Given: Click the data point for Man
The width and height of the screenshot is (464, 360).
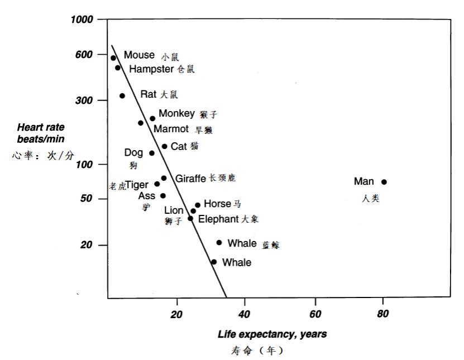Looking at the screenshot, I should click(x=384, y=182).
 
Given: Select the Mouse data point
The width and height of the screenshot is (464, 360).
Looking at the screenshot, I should click(x=113, y=58).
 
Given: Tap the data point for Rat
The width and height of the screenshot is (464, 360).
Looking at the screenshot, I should click(x=122, y=96).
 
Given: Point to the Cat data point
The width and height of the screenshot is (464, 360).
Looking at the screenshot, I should click(x=164, y=146).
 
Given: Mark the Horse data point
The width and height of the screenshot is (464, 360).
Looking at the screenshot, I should click(x=197, y=205).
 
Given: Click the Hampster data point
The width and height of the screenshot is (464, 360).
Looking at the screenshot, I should click(x=118, y=68).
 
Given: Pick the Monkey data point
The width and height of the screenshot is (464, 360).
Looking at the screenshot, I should click(x=152, y=118).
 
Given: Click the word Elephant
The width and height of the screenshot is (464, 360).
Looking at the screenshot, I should click(x=218, y=219).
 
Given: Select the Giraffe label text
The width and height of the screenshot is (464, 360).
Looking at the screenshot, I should click(x=191, y=179).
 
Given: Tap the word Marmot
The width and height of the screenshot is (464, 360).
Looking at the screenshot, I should click(x=171, y=129).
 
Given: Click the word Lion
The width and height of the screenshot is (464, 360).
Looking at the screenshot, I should click(x=174, y=210).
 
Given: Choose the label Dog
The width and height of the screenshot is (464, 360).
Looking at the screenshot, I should click(x=133, y=152).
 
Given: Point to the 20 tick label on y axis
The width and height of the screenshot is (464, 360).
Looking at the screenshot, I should click(x=86, y=246).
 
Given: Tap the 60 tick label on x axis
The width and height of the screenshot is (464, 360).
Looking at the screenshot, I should click(x=315, y=315).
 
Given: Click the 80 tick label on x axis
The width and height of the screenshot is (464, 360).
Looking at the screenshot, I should click(x=383, y=315).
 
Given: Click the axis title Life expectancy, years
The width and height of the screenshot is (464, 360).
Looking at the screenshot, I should click(x=272, y=334).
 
